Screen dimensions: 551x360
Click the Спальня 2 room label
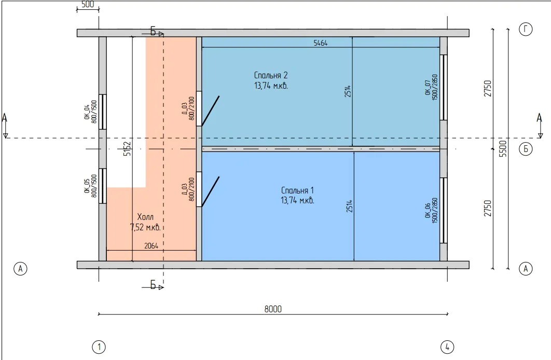271,75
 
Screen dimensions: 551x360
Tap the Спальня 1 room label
297,190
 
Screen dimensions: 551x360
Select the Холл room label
145,217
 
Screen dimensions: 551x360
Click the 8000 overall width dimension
273,309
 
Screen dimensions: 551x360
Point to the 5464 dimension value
321,43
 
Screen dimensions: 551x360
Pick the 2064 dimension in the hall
151,246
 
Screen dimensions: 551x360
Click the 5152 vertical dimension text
127,148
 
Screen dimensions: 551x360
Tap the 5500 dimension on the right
503,148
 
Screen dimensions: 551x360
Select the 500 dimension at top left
88,4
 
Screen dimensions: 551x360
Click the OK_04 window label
87,112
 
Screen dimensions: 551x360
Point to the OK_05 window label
87,186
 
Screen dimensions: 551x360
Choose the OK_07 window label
428,88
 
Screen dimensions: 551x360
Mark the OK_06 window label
428,211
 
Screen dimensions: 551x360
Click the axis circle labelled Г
526,29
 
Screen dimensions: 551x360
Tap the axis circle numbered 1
99,347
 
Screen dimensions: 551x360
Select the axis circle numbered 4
447,347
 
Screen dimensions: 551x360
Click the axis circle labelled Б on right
526,149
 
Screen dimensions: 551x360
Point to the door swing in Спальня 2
211,110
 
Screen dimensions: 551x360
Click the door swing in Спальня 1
211,191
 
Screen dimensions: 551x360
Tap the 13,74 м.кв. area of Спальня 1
297,201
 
